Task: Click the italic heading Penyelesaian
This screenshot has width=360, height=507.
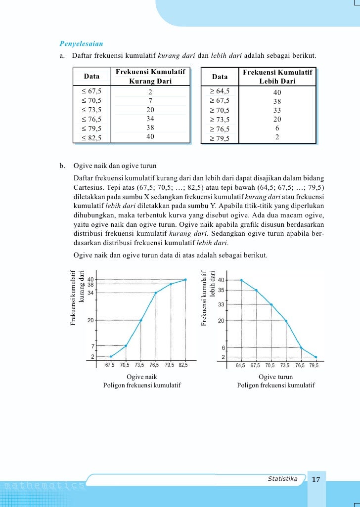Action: click(x=81, y=43)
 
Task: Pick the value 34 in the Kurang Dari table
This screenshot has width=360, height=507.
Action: click(x=150, y=119)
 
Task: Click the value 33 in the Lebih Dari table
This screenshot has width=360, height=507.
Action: click(x=277, y=110)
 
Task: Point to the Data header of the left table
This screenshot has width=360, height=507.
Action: click(x=91, y=77)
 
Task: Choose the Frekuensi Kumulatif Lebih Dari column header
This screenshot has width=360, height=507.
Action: click(x=277, y=77)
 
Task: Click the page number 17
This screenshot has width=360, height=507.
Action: click(x=316, y=479)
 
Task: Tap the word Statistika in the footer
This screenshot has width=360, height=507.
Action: click(x=282, y=479)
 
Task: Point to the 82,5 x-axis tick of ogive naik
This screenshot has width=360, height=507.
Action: click(x=183, y=366)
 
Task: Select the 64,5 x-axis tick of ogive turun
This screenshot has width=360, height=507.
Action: click(x=240, y=366)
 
